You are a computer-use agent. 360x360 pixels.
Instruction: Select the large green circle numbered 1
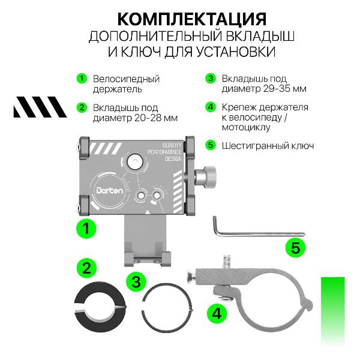[x=86, y=228]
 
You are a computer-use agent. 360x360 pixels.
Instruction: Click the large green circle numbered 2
[x=86, y=268]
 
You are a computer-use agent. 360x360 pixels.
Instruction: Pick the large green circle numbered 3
[x=137, y=280]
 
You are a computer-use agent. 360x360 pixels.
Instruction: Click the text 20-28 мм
[x=155, y=118]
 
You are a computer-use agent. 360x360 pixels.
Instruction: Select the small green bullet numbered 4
[x=210, y=107]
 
